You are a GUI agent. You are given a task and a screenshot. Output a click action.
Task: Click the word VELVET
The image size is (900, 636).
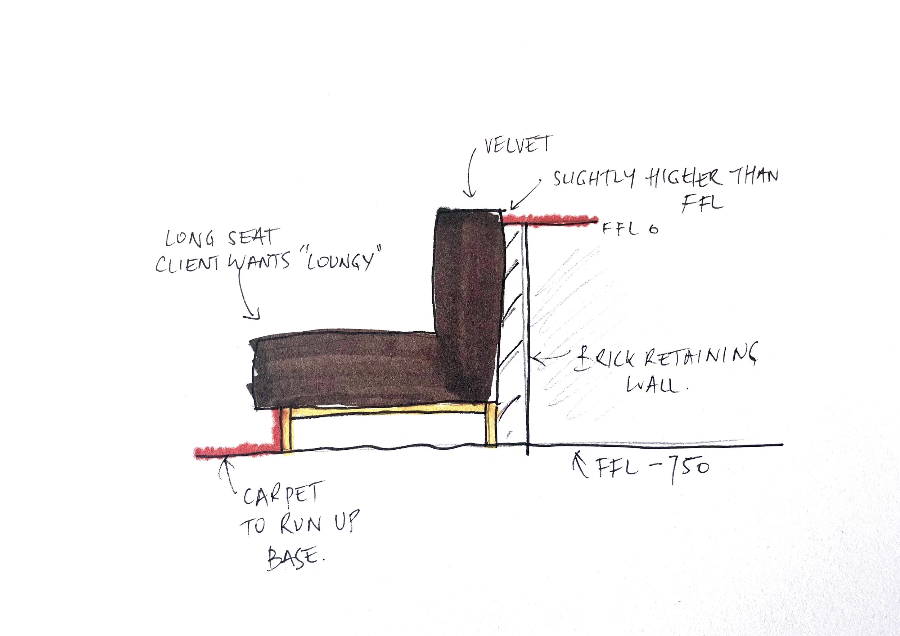coord(518,145)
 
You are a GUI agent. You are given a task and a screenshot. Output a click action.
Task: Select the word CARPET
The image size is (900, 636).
coord(283,495)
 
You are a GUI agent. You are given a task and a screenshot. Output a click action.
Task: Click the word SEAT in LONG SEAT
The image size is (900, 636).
coord(252,237)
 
